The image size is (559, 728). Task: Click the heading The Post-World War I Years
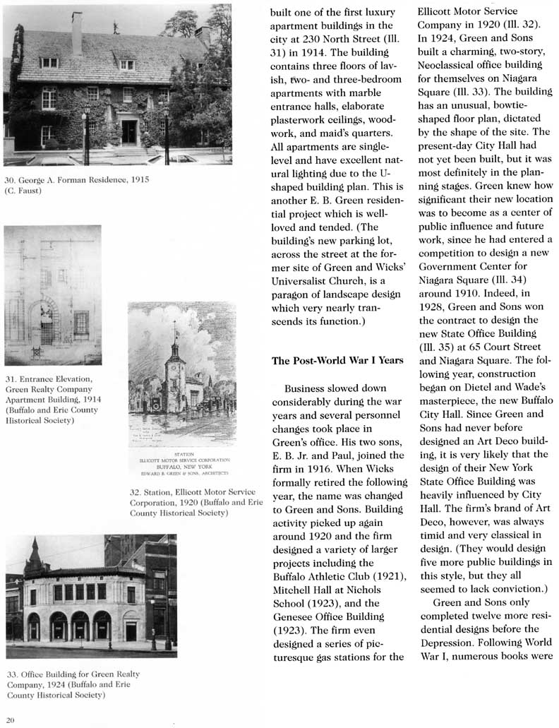click(337, 361)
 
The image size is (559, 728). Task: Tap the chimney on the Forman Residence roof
click(76, 32)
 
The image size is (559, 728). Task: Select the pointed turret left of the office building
click(33, 556)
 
